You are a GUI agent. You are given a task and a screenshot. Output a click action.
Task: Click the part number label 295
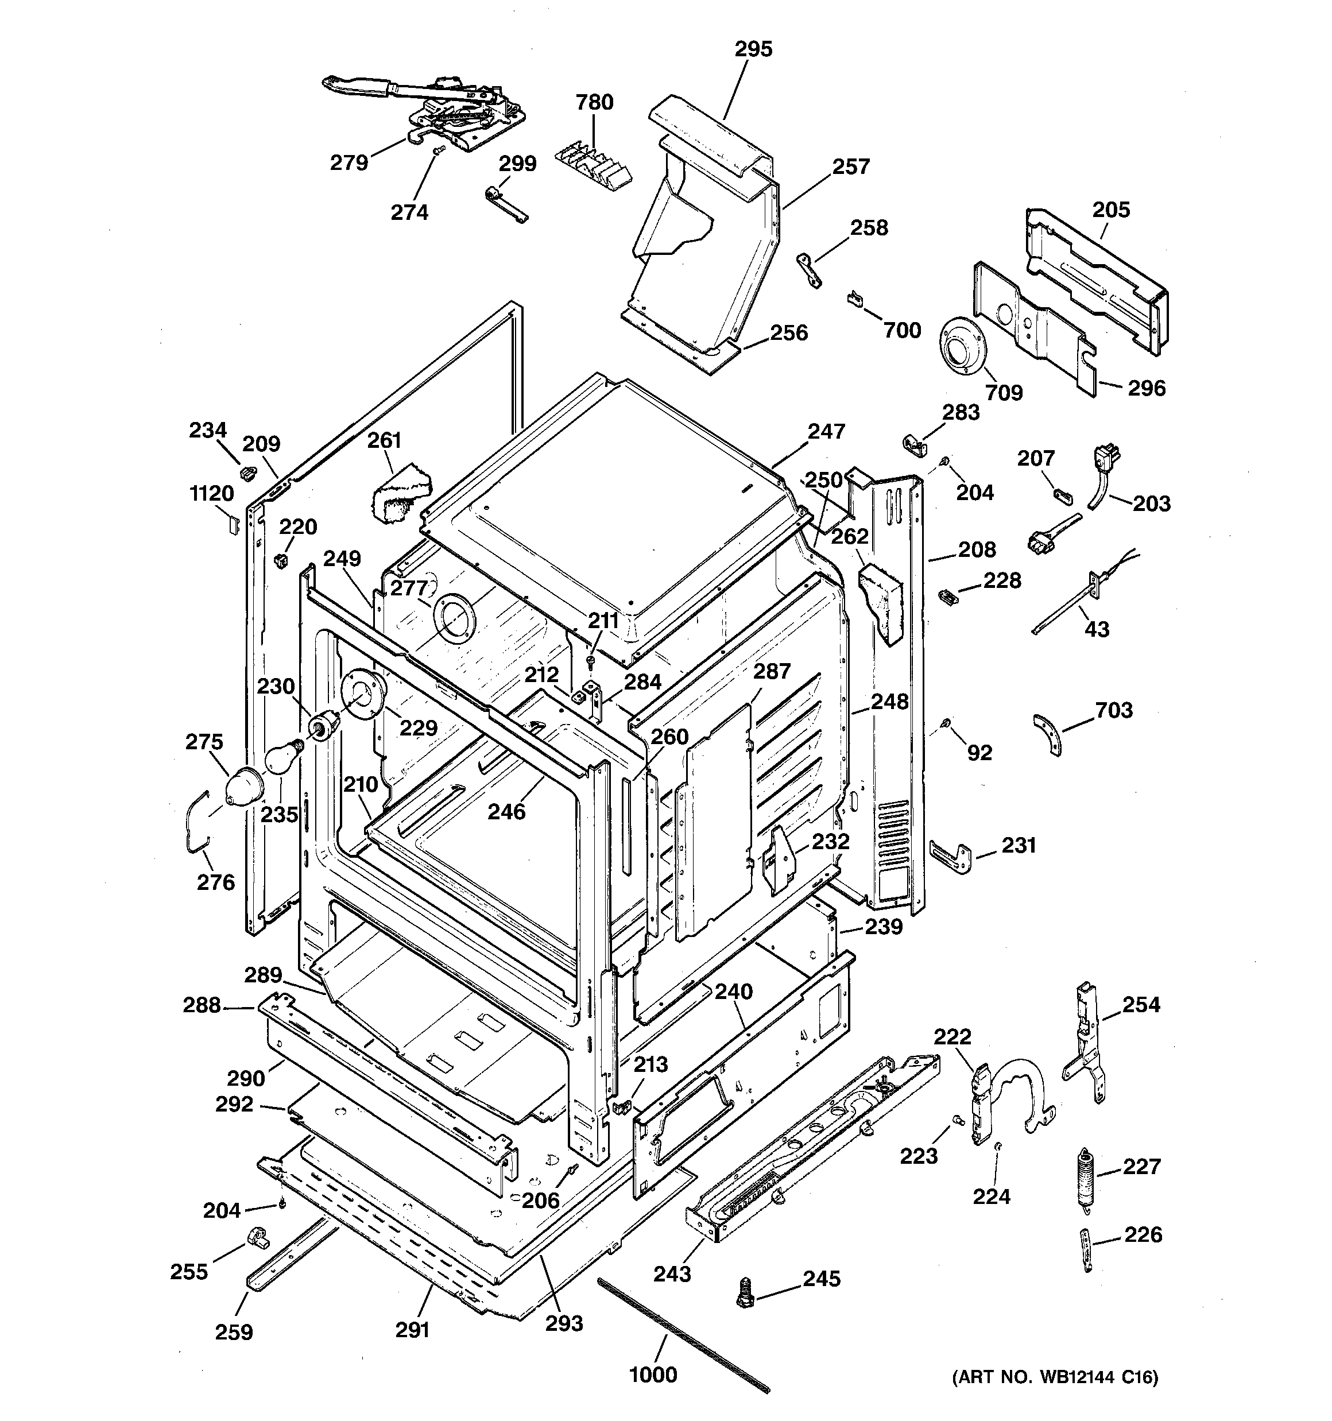[754, 49]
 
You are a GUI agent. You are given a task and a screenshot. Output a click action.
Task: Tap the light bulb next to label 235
[282, 757]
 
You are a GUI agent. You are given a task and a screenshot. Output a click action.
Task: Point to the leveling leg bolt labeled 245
[745, 1293]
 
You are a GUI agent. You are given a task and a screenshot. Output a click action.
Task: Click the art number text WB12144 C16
[1055, 1377]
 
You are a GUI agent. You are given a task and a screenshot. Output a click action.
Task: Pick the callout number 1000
[653, 1374]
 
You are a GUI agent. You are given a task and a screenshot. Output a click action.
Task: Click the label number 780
[594, 102]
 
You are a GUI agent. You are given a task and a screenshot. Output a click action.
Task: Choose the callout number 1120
[212, 493]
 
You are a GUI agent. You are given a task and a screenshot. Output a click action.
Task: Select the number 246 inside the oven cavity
[506, 811]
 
